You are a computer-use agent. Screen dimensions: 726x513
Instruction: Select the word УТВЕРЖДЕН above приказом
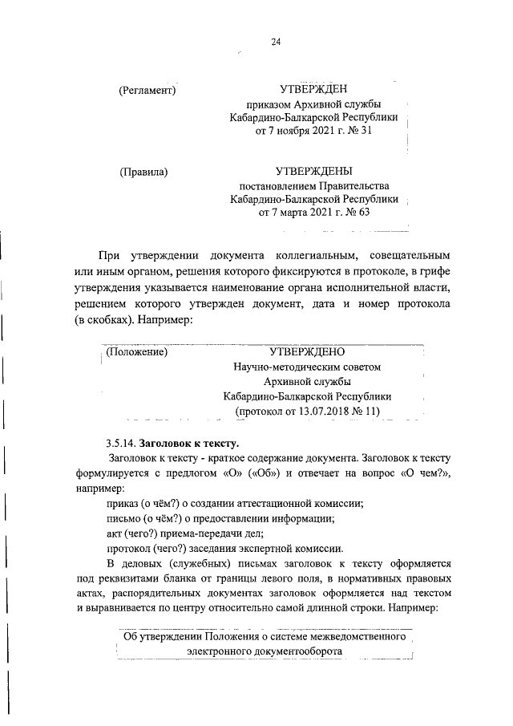click(x=314, y=89)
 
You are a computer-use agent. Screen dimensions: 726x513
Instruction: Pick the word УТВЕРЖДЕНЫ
click(x=314, y=170)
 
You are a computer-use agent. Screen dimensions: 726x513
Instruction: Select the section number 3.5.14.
click(x=121, y=442)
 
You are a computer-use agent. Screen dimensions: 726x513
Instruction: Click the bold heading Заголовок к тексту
click(x=189, y=442)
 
